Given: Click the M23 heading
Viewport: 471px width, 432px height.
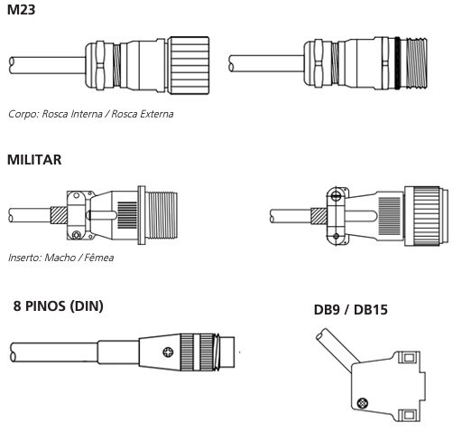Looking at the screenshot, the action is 21,10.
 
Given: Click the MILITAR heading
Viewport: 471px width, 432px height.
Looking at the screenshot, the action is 34,160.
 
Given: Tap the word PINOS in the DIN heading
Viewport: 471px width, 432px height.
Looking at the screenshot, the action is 45,306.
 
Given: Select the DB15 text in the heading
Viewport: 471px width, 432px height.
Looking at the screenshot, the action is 371,310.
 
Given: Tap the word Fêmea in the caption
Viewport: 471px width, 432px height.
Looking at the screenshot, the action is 99,258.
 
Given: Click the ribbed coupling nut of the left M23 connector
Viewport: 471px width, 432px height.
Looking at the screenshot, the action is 189,65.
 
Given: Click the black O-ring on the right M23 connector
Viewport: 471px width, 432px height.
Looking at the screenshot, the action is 398,63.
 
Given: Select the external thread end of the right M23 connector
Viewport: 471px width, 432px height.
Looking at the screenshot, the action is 417,63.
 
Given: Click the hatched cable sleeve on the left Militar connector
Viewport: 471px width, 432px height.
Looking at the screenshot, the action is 59,215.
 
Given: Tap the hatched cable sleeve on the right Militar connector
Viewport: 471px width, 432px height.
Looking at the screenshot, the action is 319,216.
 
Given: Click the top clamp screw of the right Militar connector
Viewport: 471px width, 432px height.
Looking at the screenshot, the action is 336,196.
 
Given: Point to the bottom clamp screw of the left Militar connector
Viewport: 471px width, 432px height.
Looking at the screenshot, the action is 77,235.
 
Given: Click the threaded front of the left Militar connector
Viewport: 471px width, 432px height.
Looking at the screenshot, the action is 162,215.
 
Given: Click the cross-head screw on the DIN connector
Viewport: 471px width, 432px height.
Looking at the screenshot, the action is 168,352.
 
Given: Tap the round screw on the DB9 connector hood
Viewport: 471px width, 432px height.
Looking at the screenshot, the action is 362,403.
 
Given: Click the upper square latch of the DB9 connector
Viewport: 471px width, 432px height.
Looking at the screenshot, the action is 409,358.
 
